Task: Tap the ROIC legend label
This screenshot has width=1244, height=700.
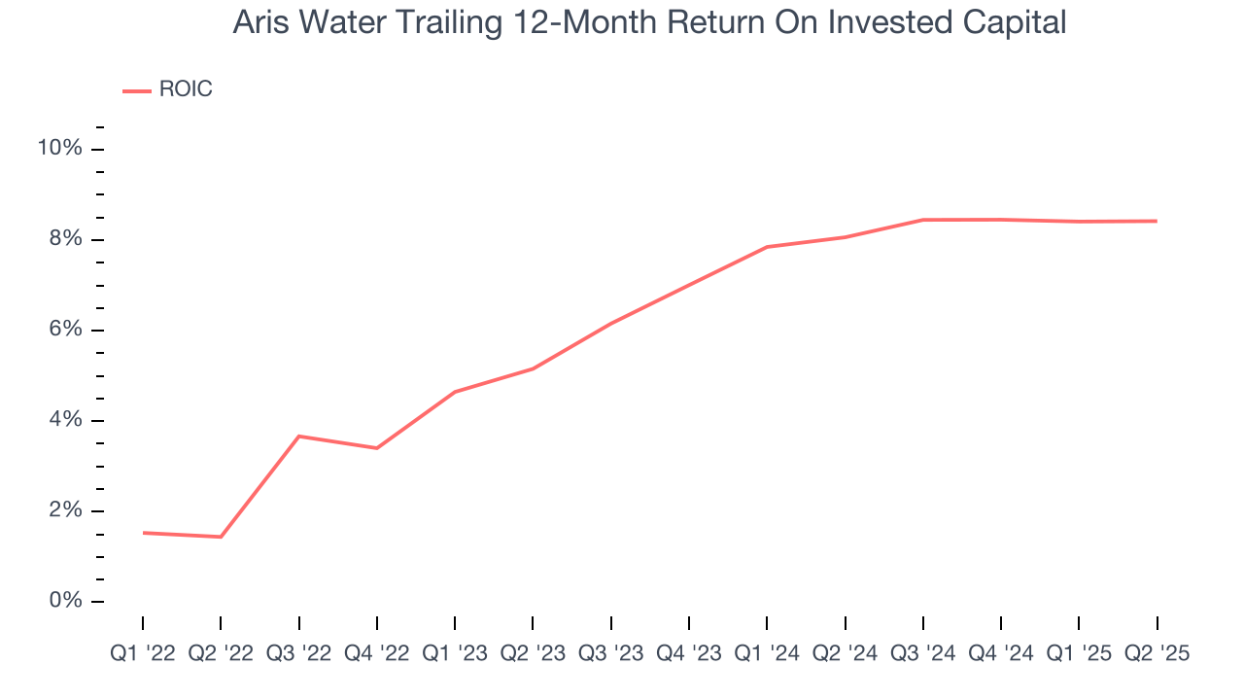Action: pyautogui.click(x=185, y=90)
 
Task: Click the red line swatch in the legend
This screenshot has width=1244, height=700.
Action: pyautogui.click(x=136, y=90)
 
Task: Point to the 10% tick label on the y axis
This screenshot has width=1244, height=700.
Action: pyautogui.click(x=59, y=149)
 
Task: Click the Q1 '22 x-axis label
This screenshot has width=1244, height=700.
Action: pyautogui.click(x=143, y=653)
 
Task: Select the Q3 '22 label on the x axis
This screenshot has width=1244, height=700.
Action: pyautogui.click(x=298, y=653)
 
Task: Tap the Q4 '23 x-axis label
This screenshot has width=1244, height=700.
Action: pyautogui.click(x=689, y=653)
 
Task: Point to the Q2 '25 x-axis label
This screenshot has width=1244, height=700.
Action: pyautogui.click(x=1157, y=653)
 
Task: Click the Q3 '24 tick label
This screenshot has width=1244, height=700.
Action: pyautogui.click(x=922, y=653)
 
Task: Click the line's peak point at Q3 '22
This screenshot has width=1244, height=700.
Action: pyautogui.click(x=298, y=437)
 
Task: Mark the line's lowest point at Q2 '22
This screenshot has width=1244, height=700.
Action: pyautogui.click(x=221, y=537)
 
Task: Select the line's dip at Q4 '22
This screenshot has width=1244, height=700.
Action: pyautogui.click(x=376, y=448)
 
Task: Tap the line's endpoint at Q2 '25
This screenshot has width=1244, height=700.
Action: pyautogui.click(x=1157, y=221)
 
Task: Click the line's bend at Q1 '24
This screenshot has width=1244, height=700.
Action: pyautogui.click(x=767, y=247)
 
